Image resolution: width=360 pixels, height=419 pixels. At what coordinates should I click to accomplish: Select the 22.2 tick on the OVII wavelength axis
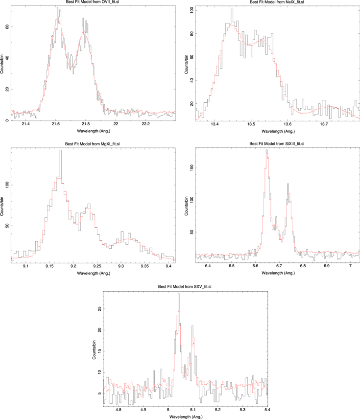pyautogui.click(x=146, y=125)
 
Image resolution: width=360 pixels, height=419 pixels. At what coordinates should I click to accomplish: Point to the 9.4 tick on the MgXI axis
pyautogui.click(x=168, y=266)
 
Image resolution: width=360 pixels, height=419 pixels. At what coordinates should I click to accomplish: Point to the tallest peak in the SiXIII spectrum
pyautogui.click(x=266, y=150)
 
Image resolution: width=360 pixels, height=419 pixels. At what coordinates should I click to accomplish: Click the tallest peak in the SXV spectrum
pyautogui.click(x=178, y=294)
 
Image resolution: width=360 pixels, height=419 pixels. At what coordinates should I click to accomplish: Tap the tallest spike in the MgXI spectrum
pyautogui.click(x=60, y=150)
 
